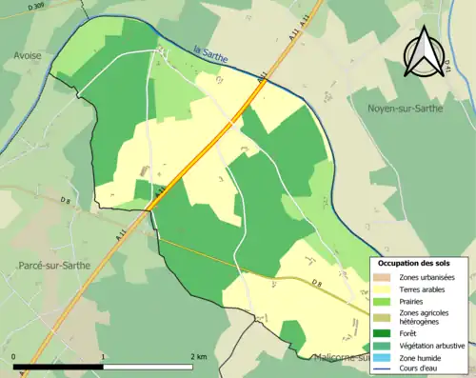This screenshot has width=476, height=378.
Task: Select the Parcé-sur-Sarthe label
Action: [x=53, y=265]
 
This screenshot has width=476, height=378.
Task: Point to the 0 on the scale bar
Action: [x=14, y=356]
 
